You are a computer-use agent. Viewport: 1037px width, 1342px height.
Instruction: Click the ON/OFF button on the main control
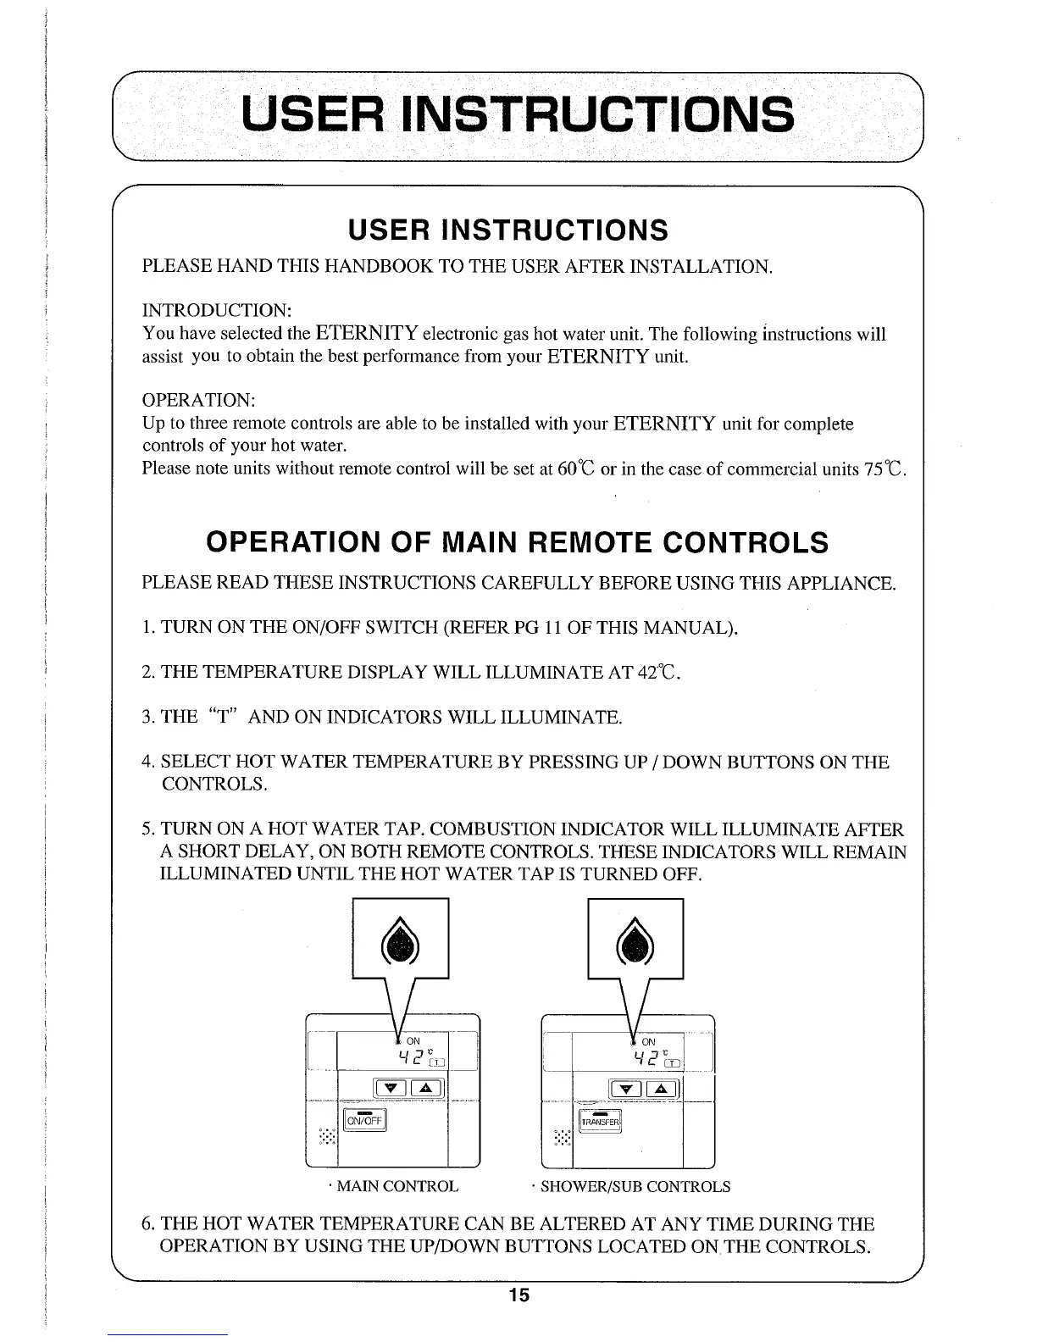364,1121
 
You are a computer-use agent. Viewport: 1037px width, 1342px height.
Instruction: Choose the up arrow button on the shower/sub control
661,1090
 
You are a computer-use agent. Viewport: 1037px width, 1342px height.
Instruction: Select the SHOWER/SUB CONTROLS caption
635,1186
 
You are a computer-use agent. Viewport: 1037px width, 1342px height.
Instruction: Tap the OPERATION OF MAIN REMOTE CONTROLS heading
518,542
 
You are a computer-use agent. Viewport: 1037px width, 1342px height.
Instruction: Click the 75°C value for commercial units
888,468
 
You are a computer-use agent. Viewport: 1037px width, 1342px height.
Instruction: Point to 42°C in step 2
657,673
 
